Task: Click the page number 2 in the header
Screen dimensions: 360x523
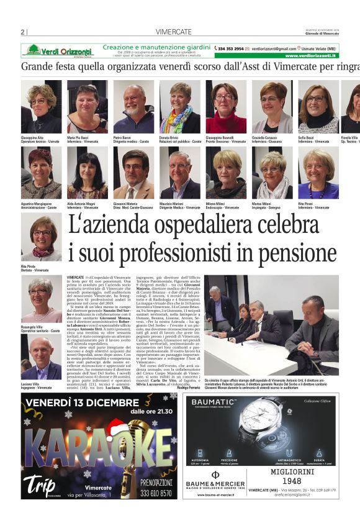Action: (x=23, y=32)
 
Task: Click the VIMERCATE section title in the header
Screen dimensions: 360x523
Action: (x=173, y=32)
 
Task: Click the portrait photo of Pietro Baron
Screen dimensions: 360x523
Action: (x=133, y=106)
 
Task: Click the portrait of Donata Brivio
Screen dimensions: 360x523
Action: (x=179, y=106)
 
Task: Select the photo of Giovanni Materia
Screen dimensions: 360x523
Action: (x=133, y=173)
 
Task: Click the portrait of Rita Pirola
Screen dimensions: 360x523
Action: (x=41, y=238)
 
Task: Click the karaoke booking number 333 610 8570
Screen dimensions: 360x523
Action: (x=156, y=493)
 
